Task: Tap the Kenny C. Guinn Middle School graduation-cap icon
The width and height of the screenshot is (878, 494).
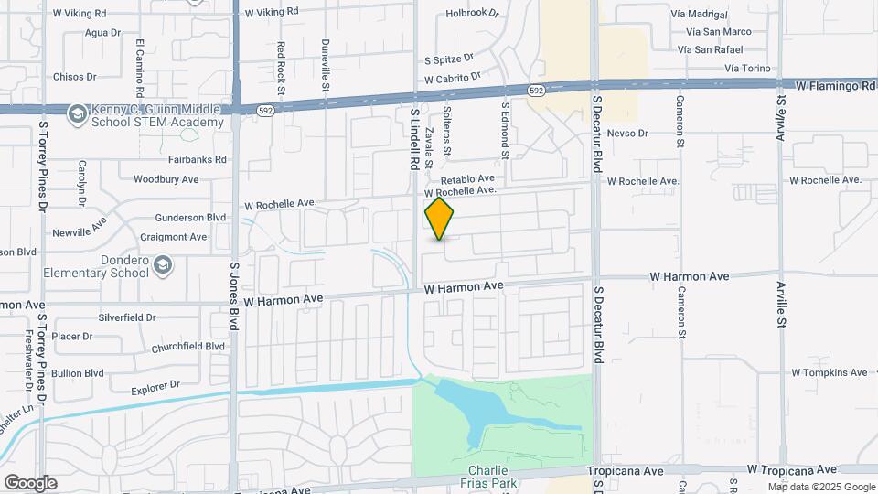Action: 76,113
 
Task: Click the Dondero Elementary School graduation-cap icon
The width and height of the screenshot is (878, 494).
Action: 162,265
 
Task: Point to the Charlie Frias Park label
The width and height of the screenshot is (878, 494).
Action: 489,477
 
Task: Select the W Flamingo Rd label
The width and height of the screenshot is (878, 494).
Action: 836,85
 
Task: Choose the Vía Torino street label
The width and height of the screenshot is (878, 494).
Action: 746,69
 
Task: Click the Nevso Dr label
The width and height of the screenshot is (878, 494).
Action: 626,134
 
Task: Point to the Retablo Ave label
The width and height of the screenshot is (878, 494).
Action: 467,178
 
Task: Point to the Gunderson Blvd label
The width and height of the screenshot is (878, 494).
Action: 190,218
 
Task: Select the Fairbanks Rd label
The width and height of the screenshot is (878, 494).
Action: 197,159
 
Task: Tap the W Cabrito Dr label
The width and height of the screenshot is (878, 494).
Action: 452,80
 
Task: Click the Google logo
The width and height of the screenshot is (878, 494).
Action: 30,482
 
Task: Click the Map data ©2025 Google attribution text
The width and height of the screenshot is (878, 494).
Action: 821,487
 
